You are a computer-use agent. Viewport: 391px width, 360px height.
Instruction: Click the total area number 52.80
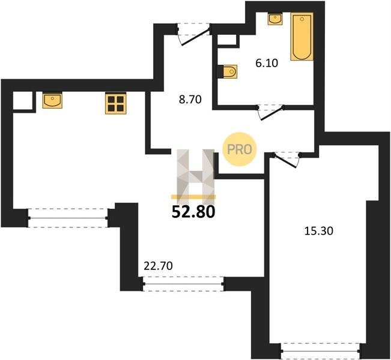tap(193, 212)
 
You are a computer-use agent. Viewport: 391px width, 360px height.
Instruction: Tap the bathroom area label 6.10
tap(267, 63)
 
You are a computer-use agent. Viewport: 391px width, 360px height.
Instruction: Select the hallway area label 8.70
tap(190, 100)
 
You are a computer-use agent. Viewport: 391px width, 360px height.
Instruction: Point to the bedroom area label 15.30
tap(319, 231)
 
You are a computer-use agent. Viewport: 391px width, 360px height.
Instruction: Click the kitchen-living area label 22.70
tap(158, 266)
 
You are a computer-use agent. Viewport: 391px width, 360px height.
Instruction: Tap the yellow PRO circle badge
tap(240, 149)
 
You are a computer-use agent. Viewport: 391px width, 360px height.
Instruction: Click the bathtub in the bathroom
tap(302, 37)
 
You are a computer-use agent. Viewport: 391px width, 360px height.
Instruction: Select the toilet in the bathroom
tap(230, 72)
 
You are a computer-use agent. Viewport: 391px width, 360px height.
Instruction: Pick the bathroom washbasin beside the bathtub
tap(275, 19)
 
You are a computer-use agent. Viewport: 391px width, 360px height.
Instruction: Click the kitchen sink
tap(52, 100)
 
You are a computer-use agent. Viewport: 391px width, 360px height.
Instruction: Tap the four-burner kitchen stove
tap(116, 103)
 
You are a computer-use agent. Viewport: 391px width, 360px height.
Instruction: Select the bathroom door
tap(271, 112)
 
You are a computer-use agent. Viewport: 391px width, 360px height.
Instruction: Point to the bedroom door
tap(286, 160)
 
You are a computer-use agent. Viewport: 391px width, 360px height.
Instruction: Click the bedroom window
tap(321, 351)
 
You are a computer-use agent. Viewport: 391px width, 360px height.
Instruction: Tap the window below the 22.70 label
tap(184, 284)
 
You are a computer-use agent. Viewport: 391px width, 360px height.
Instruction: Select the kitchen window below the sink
tap(68, 218)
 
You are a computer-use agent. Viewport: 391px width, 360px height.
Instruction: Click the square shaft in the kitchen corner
tap(23, 101)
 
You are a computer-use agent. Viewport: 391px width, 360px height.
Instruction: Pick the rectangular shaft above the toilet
tap(227, 40)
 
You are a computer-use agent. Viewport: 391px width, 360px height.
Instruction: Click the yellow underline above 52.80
tap(193, 197)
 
